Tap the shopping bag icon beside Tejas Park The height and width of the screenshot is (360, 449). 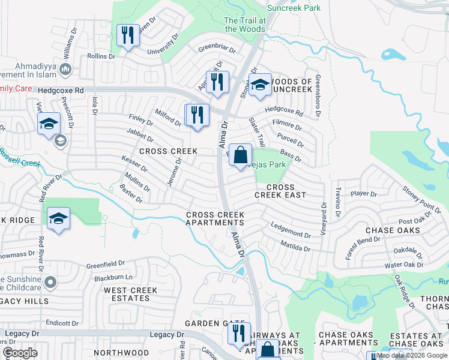[x=240, y=155]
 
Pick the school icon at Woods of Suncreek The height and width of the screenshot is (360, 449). [x=260, y=86]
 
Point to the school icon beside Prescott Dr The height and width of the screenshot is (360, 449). [x=49, y=125]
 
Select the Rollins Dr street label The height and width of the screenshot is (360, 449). [x=100, y=56]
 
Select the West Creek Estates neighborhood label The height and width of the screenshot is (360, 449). [x=131, y=294]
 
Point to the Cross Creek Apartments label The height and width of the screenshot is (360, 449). [x=215, y=218]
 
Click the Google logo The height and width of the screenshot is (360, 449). [x=20, y=353]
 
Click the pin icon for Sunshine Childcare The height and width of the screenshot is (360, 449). [x=51, y=281]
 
